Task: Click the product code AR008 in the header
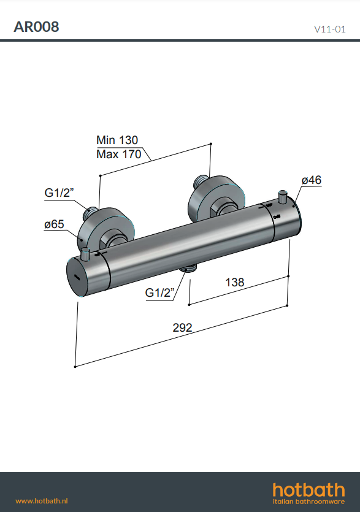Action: (x=36, y=27)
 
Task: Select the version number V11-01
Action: (x=329, y=29)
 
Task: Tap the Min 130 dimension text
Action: (x=117, y=140)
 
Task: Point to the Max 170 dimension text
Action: (x=118, y=154)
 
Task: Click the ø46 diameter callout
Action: (x=312, y=180)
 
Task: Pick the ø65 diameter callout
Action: (x=54, y=224)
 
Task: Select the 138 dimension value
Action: (x=234, y=282)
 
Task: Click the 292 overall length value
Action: (x=182, y=327)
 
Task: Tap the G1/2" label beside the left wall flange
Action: (x=59, y=193)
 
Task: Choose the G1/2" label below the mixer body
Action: (x=159, y=292)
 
